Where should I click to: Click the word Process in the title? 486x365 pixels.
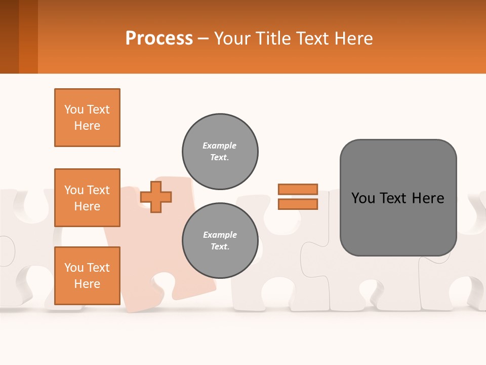159,39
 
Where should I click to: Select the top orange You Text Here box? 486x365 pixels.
87,118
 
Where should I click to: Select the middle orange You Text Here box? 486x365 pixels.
87,198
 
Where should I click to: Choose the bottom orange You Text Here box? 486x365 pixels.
87,275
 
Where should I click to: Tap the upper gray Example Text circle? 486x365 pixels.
220,152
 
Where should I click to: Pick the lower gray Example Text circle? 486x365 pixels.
220,241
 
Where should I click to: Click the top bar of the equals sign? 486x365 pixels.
298,189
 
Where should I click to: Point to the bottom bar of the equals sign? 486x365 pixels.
298,204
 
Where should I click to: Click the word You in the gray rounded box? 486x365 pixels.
362,198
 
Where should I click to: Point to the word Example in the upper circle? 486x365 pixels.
220,145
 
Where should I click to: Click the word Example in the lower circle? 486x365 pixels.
220,235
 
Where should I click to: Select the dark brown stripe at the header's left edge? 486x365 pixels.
9,36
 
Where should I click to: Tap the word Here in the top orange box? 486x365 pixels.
87,126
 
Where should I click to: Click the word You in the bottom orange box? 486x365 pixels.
74,268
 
